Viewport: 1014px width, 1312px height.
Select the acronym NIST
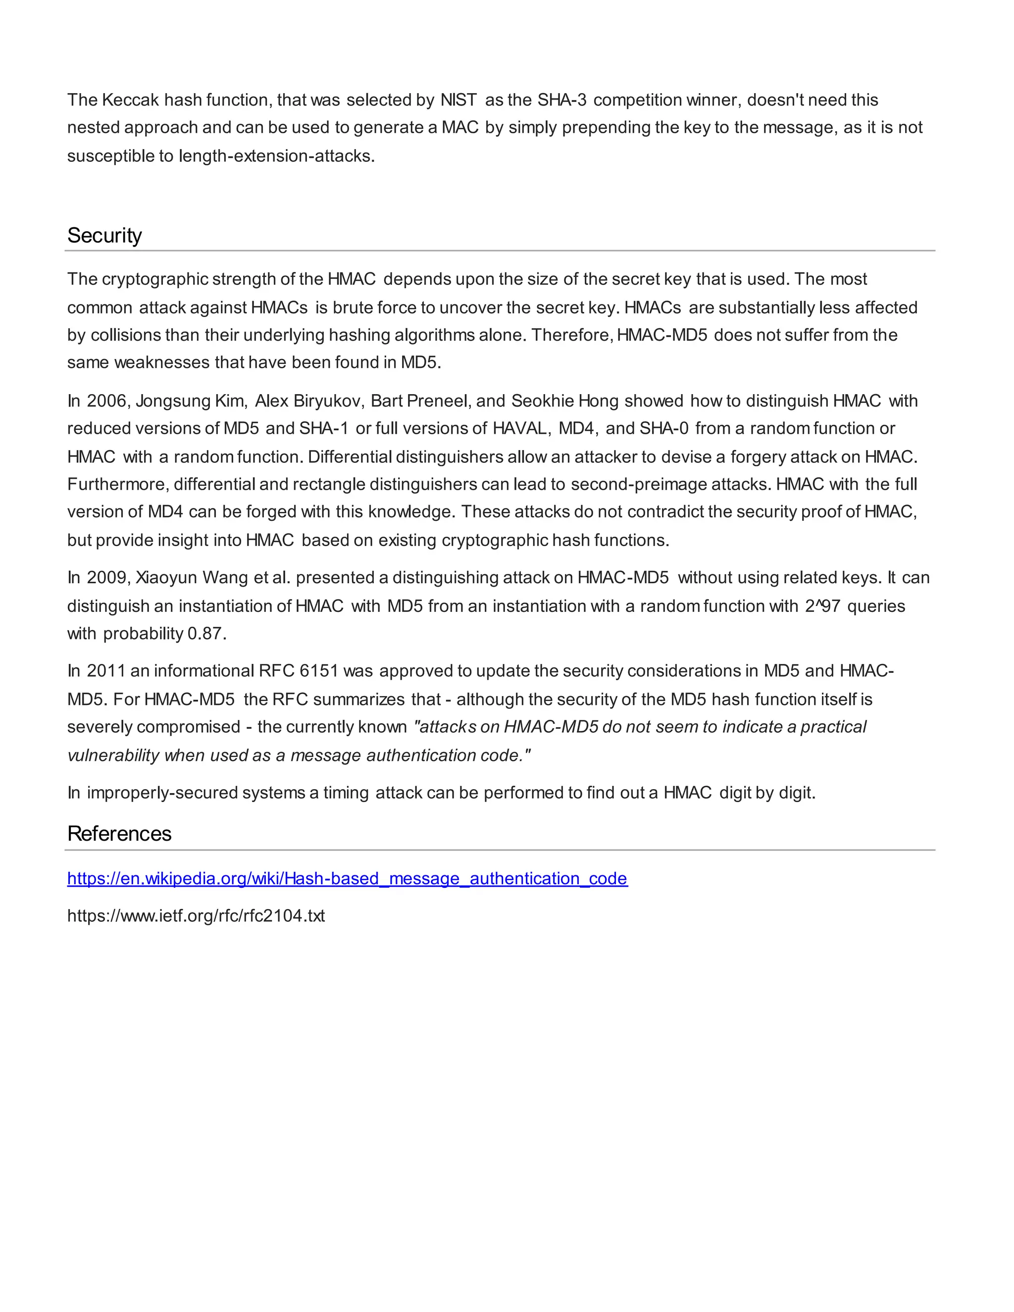point(458,100)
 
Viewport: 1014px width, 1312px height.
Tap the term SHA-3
point(561,100)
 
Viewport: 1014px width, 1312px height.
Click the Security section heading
point(104,236)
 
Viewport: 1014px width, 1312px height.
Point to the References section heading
point(119,834)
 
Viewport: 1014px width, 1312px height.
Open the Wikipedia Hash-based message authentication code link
point(347,878)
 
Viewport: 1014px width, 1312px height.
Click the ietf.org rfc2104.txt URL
point(196,915)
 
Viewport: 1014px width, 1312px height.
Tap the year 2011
point(106,670)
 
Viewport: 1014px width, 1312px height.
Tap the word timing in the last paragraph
point(347,793)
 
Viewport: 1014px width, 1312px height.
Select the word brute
point(352,307)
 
